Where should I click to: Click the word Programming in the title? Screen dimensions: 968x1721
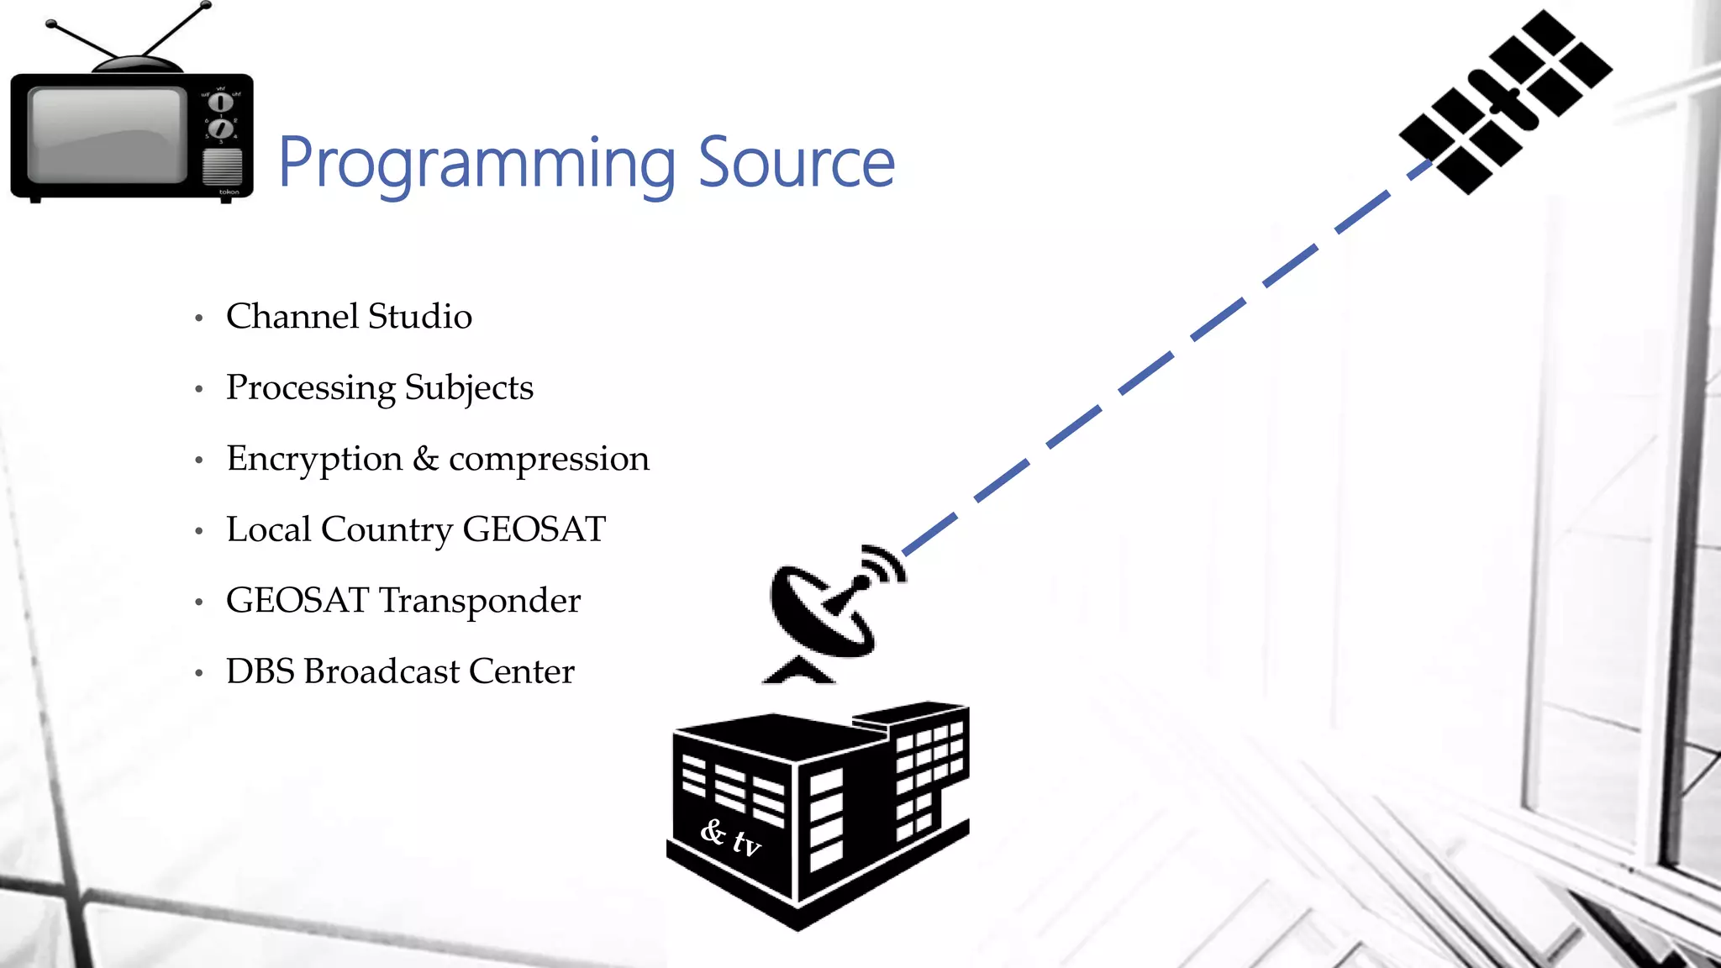(476, 164)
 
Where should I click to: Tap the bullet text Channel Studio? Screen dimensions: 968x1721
(349, 317)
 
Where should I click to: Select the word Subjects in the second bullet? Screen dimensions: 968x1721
(469, 388)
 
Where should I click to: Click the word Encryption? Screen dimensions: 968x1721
(314, 459)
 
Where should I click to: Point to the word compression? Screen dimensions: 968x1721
(549, 460)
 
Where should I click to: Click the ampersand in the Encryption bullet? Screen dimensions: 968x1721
(425, 459)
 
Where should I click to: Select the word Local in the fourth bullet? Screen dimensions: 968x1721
(268, 529)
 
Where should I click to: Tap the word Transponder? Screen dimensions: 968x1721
(480, 601)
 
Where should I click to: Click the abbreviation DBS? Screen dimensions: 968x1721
(260, 671)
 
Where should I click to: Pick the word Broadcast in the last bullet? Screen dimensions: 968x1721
(382, 671)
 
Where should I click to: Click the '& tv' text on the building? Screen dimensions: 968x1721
(730, 838)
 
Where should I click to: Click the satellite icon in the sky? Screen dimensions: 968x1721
(1504, 101)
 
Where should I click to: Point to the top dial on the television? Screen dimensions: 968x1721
(220, 103)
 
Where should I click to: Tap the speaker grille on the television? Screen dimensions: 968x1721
(222, 166)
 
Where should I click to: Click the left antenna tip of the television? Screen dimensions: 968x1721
(50, 24)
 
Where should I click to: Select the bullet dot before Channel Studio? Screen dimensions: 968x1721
(199, 318)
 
